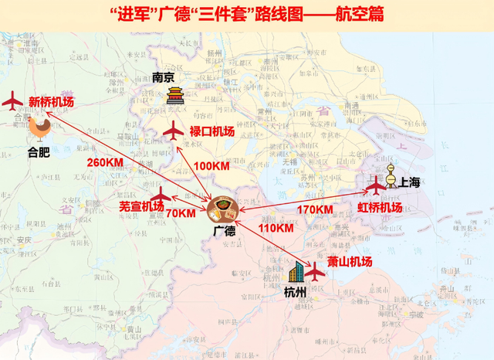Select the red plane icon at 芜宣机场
click(x=160, y=195)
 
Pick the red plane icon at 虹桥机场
click(x=375, y=186)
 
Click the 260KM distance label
click(x=105, y=162)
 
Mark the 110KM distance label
click(x=276, y=228)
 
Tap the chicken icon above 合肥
click(x=39, y=127)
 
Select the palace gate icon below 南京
click(x=175, y=97)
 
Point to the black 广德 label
click(x=223, y=230)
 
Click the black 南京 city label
click(x=164, y=77)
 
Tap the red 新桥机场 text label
click(x=51, y=101)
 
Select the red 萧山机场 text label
click(x=350, y=261)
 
